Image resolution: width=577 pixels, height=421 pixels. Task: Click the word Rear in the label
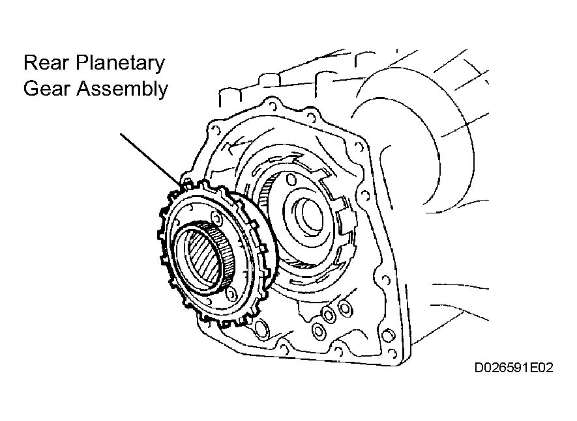pos(46,63)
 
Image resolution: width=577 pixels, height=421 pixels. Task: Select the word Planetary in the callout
pos(121,64)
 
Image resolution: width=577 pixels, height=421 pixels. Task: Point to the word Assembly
pos(122,89)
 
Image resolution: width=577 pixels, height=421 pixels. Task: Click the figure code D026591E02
pos(514,368)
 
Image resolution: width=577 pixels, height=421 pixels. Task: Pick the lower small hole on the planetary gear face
pos(231,293)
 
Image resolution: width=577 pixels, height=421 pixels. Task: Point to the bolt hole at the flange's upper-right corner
pos(356,145)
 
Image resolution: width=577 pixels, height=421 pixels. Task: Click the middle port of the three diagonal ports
pos(328,314)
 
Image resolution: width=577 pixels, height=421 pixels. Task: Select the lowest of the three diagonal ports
pos(318,331)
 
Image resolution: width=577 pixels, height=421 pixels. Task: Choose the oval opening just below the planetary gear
pos(261,329)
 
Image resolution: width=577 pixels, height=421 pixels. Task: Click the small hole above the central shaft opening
pos(291,180)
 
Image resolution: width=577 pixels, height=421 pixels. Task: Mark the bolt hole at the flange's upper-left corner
pos(215,129)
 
